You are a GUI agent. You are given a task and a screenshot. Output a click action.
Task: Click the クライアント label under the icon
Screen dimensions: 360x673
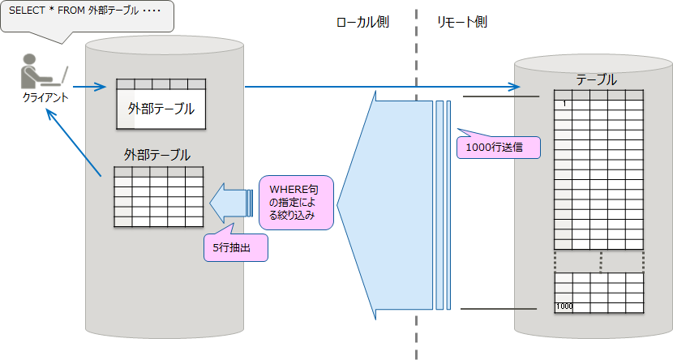pos(45,97)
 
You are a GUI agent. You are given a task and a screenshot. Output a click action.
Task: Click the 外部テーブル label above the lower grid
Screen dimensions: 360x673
pos(157,154)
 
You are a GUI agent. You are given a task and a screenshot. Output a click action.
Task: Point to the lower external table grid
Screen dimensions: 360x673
pos(158,196)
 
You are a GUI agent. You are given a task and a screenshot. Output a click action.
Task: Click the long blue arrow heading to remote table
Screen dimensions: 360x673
pos(381,86)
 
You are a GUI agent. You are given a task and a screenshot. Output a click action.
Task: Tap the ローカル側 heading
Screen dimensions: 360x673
pos(362,23)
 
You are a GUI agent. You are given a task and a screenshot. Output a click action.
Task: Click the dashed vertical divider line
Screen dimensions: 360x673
pos(416,203)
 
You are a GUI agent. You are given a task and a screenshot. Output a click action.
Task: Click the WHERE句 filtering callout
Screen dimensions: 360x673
pos(296,202)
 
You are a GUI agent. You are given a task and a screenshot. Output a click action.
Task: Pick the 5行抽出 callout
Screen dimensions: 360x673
pos(235,248)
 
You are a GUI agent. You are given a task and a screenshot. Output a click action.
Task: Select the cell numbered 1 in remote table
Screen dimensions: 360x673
pos(564,104)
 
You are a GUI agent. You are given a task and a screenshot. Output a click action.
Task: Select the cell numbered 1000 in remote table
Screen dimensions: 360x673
pos(564,306)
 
